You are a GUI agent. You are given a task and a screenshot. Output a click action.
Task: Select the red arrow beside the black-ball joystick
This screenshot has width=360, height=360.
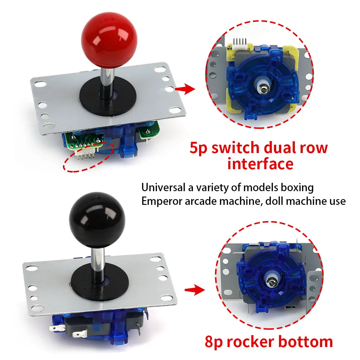pyautogui.click(x=193, y=290)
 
